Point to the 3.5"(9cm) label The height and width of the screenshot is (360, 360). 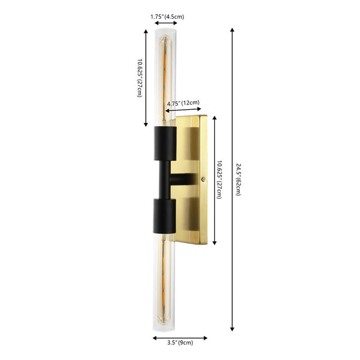click(181, 344)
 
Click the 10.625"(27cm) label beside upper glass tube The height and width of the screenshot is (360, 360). click(140, 78)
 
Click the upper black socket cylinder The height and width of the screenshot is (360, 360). click(165, 144)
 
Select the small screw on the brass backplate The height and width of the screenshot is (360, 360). click(204, 179)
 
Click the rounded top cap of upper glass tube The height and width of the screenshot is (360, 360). click(164, 30)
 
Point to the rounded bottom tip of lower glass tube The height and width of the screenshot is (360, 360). click(165, 328)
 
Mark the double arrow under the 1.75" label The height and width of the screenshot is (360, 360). click(164, 23)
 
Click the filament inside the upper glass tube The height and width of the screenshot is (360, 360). click(164, 78)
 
